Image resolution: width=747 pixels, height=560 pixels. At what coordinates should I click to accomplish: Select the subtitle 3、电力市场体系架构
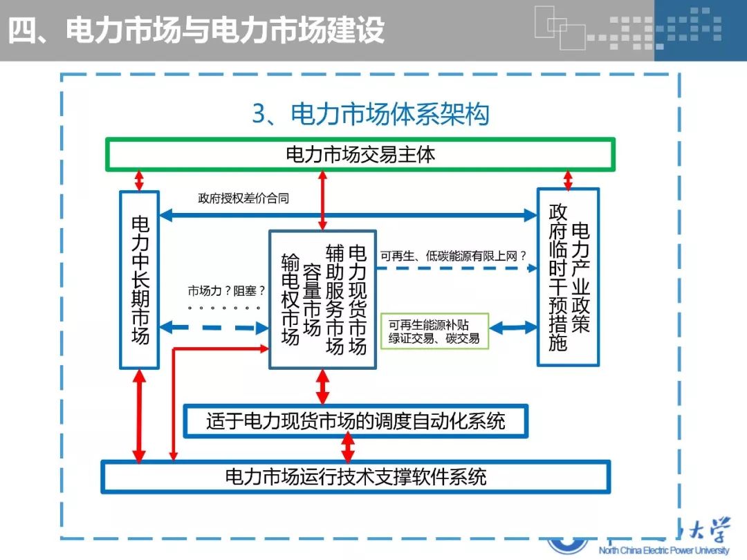point(370,114)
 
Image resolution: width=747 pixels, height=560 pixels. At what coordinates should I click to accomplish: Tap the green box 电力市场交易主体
point(360,154)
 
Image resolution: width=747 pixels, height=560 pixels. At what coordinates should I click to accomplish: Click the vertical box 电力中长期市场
point(140,279)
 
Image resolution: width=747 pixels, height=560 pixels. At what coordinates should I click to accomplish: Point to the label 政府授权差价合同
point(243,198)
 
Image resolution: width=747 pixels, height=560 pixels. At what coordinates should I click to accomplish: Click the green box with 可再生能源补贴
point(434,331)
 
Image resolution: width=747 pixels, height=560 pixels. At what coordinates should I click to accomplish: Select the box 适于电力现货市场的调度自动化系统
point(356,420)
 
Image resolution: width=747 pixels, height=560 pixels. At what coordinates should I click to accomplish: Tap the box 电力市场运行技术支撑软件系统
point(356,476)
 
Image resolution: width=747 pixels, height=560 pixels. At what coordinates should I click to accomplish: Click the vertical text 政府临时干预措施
point(557,277)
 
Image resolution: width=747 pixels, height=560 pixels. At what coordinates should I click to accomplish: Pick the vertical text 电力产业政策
point(580,277)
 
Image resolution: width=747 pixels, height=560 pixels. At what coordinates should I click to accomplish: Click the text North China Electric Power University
point(663,550)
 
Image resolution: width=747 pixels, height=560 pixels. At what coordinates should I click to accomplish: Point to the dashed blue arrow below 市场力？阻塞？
point(214,328)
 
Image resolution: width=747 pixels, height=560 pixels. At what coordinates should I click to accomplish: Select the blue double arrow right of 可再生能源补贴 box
point(513,327)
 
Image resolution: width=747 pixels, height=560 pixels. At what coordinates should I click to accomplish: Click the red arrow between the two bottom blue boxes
point(348,448)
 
